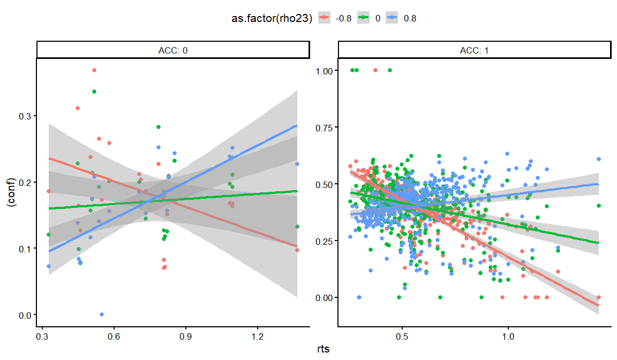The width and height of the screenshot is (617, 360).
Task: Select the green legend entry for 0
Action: [x=371, y=18]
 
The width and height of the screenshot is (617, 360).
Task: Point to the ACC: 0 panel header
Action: [x=173, y=50]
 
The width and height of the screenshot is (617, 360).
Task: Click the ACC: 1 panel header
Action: [x=475, y=50]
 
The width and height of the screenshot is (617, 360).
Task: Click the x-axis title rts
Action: [x=322, y=350]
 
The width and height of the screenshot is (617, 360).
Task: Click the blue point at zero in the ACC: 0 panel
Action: [x=102, y=314]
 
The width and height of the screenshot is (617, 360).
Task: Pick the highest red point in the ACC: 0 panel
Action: [x=94, y=70]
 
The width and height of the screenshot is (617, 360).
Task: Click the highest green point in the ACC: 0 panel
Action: [x=94, y=92]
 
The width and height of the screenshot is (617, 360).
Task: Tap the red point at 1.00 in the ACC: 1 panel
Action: [x=375, y=70]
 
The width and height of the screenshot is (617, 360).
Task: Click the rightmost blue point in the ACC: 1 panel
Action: [x=598, y=159]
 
